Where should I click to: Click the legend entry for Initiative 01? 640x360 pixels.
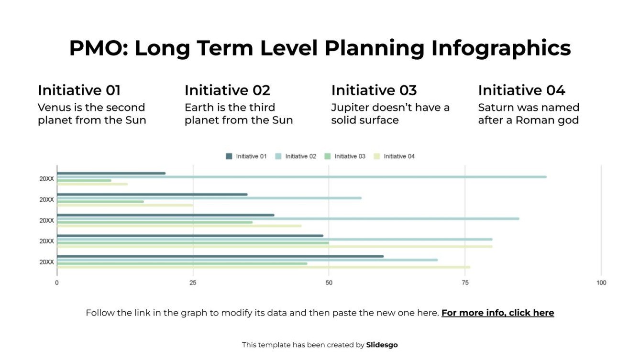click(x=246, y=156)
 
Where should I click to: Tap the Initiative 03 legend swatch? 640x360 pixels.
click(x=328, y=156)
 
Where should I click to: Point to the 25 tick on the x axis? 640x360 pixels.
click(x=193, y=283)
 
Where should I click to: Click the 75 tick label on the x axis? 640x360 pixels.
click(x=465, y=283)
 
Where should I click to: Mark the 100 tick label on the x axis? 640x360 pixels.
click(x=601, y=283)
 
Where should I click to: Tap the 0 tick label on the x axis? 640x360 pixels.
click(x=57, y=283)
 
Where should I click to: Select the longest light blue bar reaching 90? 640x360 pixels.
click(x=301, y=177)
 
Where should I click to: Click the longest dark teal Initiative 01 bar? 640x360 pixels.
click(x=220, y=256)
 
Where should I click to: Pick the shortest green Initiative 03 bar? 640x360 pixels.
click(x=84, y=181)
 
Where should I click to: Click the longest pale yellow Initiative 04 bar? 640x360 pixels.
click(x=275, y=247)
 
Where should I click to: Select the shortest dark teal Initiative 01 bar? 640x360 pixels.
click(x=111, y=173)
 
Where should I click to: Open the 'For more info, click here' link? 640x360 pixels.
click(x=497, y=313)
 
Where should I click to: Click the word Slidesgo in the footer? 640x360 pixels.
click(x=382, y=345)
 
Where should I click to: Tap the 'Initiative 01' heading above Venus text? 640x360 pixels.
click(x=79, y=90)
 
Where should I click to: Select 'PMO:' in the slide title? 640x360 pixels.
click(x=98, y=48)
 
